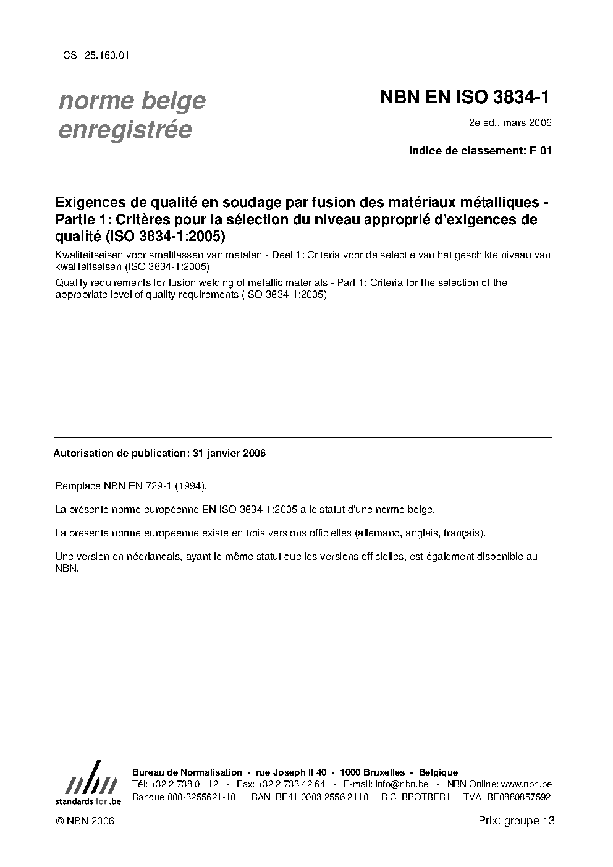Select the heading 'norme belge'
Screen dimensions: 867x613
pos(132,101)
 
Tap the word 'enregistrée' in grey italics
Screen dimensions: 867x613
pos(125,130)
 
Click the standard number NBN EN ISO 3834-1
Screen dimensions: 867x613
pos(465,97)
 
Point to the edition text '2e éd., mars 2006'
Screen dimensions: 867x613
pos(510,123)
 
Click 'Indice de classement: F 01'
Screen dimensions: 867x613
pos(480,150)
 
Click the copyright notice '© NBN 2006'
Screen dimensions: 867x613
pos(85,821)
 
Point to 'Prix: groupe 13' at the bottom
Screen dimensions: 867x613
pos(517,821)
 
